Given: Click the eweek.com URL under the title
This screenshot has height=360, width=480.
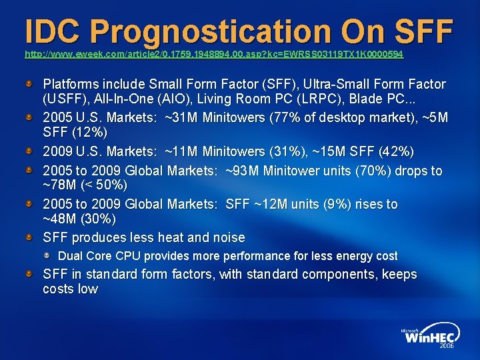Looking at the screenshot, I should (x=213, y=53).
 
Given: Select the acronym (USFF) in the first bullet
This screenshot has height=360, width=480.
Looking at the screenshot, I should (x=64, y=101).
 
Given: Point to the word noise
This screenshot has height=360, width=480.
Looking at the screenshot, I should (x=229, y=237).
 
